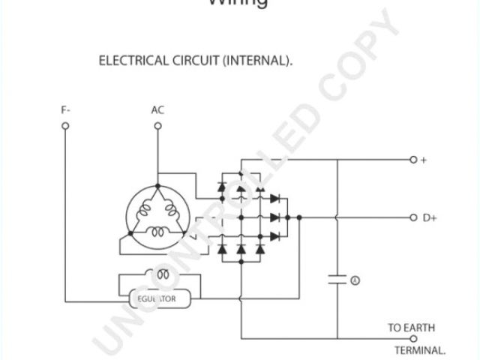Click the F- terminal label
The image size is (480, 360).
coord(66,110)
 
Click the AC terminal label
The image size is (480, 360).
coord(157,110)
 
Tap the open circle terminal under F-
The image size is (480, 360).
coord(65,126)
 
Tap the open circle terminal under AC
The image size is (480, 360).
coord(157,126)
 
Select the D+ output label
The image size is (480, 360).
coord(430,217)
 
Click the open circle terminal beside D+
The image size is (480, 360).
coord(412,217)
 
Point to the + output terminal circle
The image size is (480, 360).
coord(412,160)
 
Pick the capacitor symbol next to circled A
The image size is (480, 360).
coord(337,280)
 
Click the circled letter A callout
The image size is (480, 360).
coord(355,280)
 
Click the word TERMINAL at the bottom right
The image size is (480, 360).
coord(420,350)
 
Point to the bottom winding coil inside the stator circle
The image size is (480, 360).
coord(157,233)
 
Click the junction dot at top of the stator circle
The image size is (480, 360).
coord(157,185)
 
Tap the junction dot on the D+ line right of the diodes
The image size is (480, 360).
coord(298,217)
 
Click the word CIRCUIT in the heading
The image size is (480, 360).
coord(196,61)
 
